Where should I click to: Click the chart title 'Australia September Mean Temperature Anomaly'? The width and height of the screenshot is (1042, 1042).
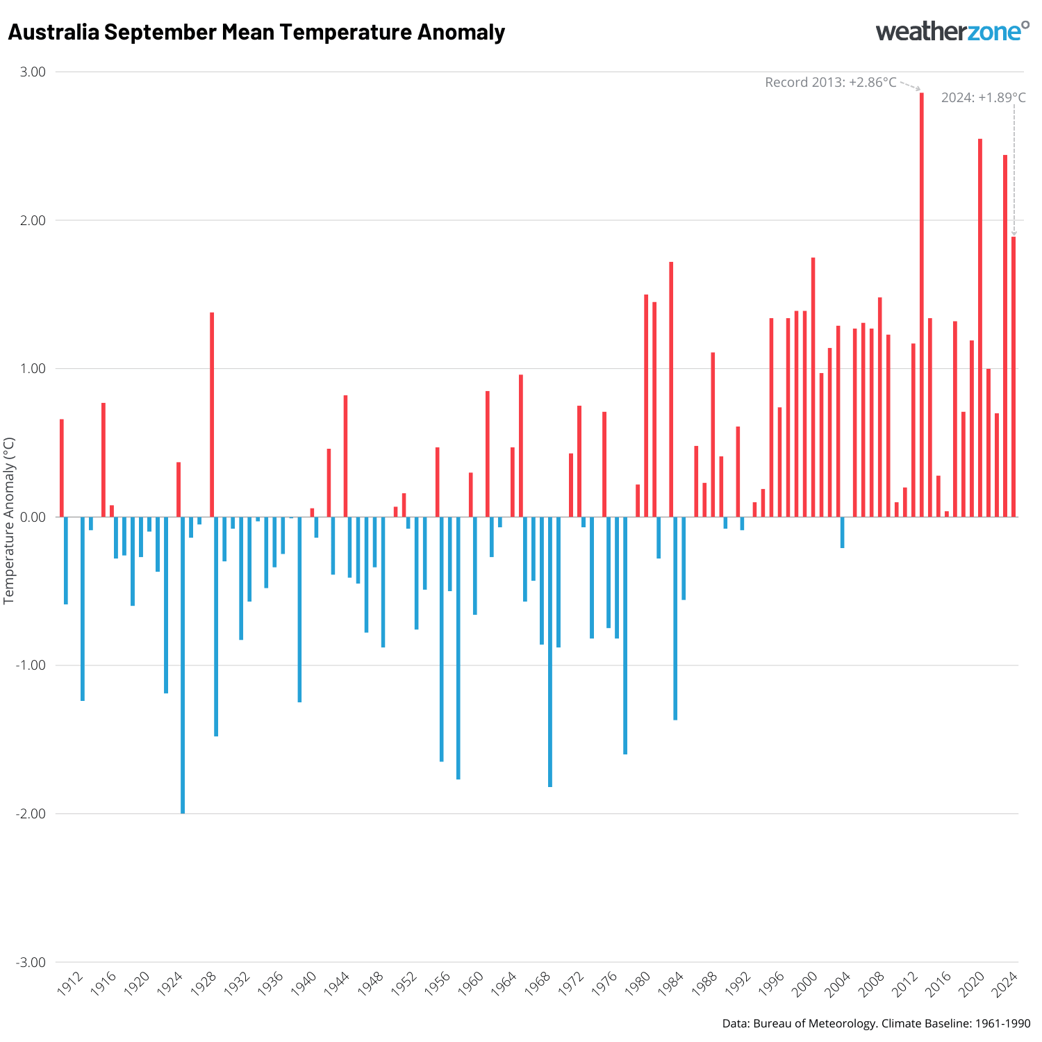(256, 33)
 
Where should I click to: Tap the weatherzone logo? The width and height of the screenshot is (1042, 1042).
(952, 31)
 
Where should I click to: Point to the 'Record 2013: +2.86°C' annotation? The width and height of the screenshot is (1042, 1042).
(830, 83)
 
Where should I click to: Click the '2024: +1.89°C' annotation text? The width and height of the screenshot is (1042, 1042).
(983, 98)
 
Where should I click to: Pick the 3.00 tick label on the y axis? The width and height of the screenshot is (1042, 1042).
(31, 72)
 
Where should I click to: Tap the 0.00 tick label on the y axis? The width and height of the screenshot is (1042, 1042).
(31, 518)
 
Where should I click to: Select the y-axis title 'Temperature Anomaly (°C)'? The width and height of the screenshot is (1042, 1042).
(9, 520)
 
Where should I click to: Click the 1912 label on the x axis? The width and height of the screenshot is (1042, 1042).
(70, 984)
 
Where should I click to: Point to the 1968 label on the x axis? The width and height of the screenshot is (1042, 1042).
(538, 984)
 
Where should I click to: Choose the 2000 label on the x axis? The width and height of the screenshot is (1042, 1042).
(805, 984)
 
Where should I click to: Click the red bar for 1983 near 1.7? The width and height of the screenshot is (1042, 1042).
(671, 389)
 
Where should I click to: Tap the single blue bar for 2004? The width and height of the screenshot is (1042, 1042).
(842, 532)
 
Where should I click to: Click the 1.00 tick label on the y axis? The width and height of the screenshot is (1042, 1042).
(32, 369)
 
